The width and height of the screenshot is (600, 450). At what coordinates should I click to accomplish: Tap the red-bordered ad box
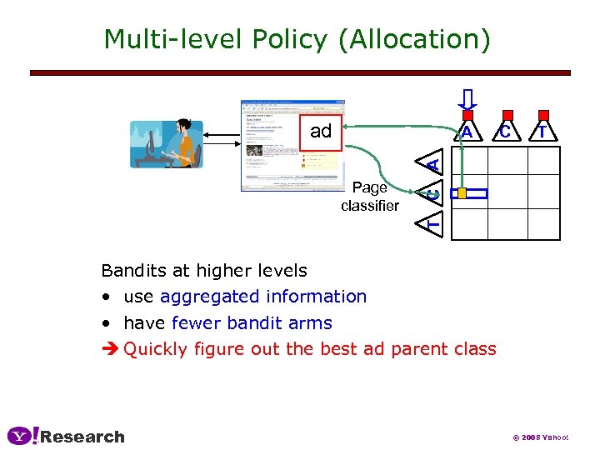click(x=322, y=132)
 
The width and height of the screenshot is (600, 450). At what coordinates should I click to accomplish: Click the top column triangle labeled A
click(x=467, y=132)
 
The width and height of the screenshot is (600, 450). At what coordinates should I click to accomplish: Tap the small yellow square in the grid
click(x=462, y=193)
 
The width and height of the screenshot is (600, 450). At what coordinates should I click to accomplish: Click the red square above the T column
click(x=544, y=116)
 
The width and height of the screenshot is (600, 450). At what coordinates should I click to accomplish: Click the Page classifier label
click(x=369, y=197)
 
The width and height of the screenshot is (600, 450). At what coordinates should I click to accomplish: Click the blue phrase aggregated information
click(x=263, y=297)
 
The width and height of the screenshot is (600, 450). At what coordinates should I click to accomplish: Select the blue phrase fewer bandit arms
click(x=252, y=323)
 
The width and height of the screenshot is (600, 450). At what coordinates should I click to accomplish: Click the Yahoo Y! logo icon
click(x=22, y=436)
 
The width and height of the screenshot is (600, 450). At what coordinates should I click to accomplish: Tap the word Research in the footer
click(x=82, y=437)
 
